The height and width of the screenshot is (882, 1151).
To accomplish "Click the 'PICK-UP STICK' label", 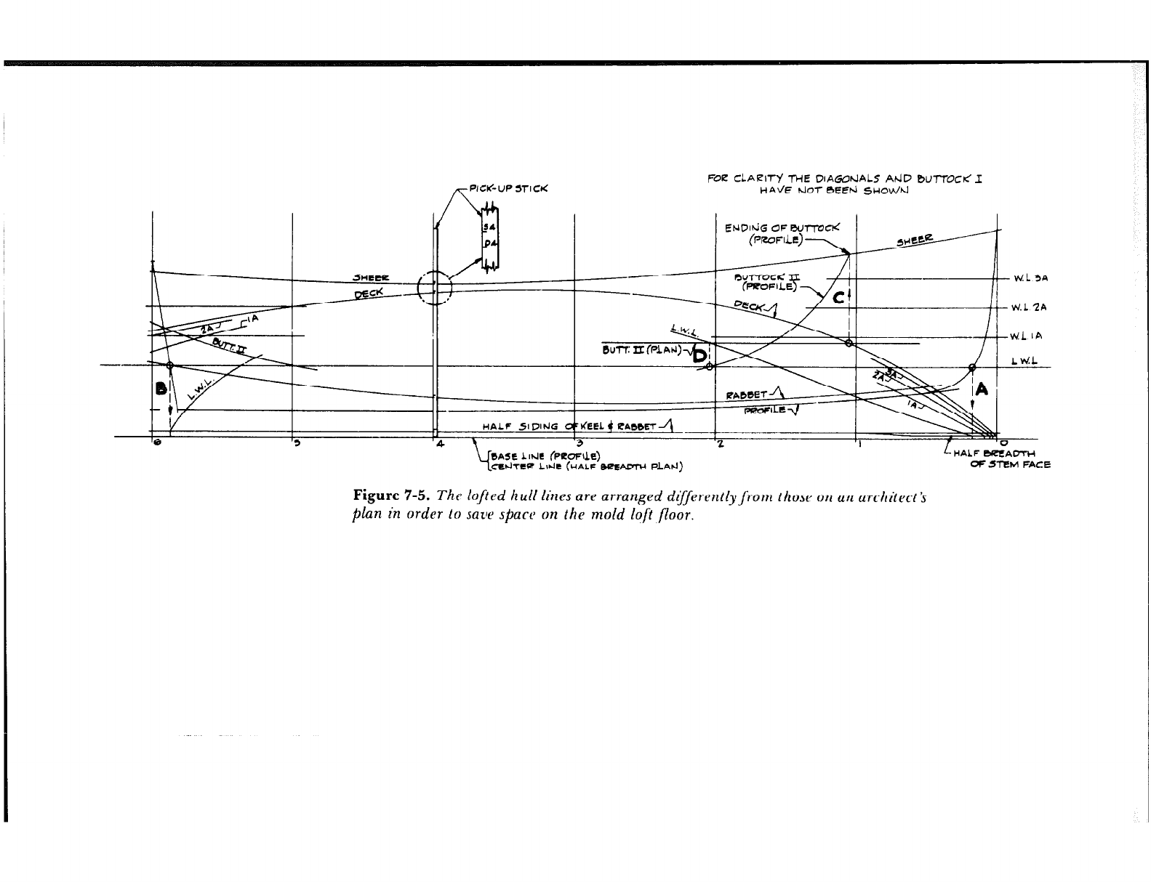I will [508, 189].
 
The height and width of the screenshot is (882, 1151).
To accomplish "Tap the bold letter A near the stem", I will [982, 390].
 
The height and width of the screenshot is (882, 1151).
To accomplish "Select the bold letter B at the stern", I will [161, 389].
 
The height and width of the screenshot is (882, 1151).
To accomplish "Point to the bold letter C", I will [838, 297].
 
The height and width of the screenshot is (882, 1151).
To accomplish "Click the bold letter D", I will [699, 355].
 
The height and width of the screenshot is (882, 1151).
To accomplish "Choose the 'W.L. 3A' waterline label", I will [1030, 278].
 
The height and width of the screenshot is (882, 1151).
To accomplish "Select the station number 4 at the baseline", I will [440, 444].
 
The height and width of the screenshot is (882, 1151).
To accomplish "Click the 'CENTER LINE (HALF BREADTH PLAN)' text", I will [585, 466].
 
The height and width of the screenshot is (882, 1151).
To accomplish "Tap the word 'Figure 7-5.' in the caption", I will [392, 497].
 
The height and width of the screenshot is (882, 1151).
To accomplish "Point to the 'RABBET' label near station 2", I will [746, 396].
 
